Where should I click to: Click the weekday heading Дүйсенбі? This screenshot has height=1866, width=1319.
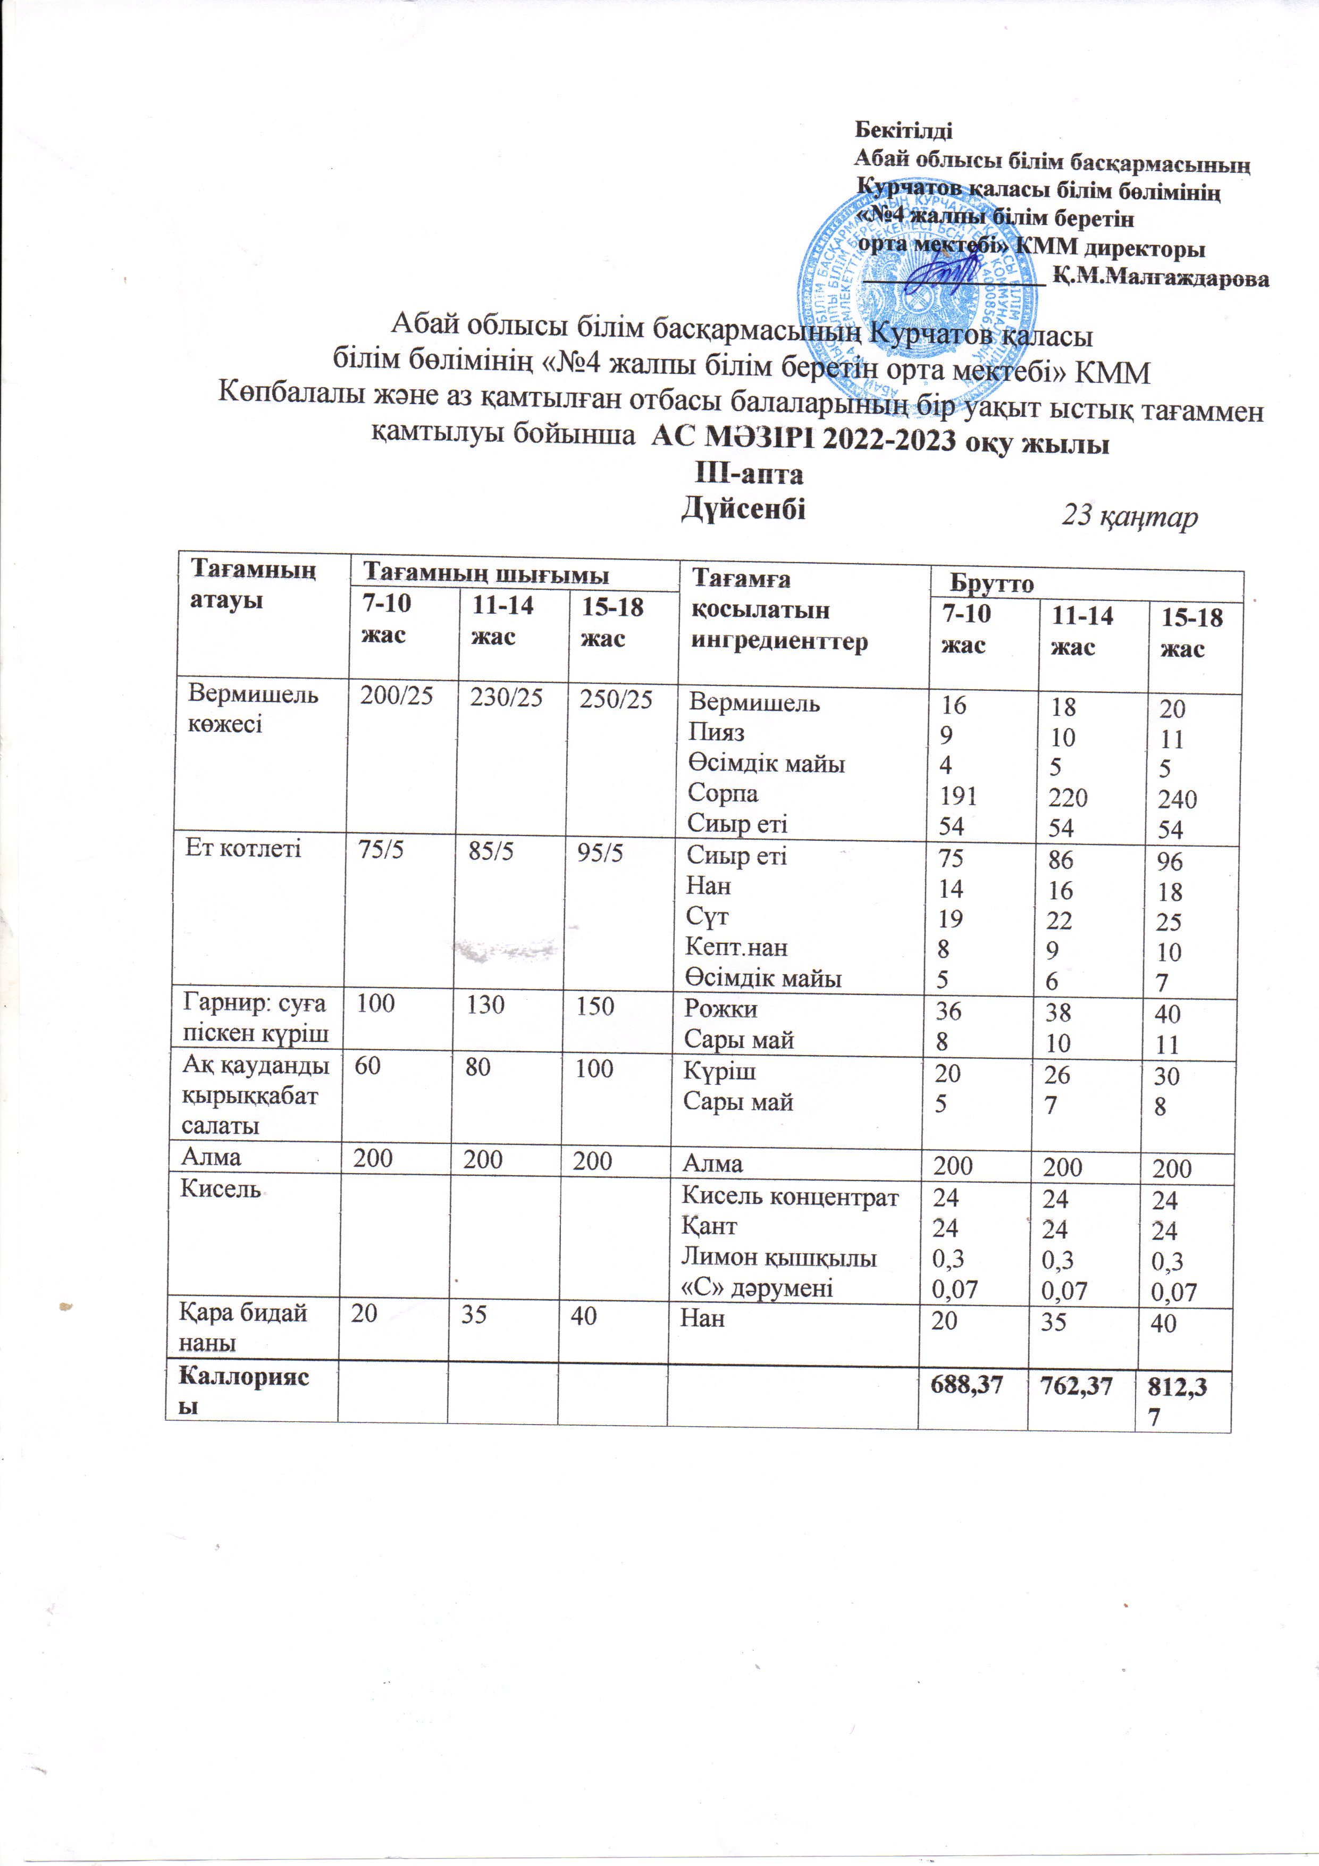pyautogui.click(x=744, y=509)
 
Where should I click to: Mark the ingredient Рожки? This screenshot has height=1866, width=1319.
pyautogui.click(x=721, y=1009)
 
